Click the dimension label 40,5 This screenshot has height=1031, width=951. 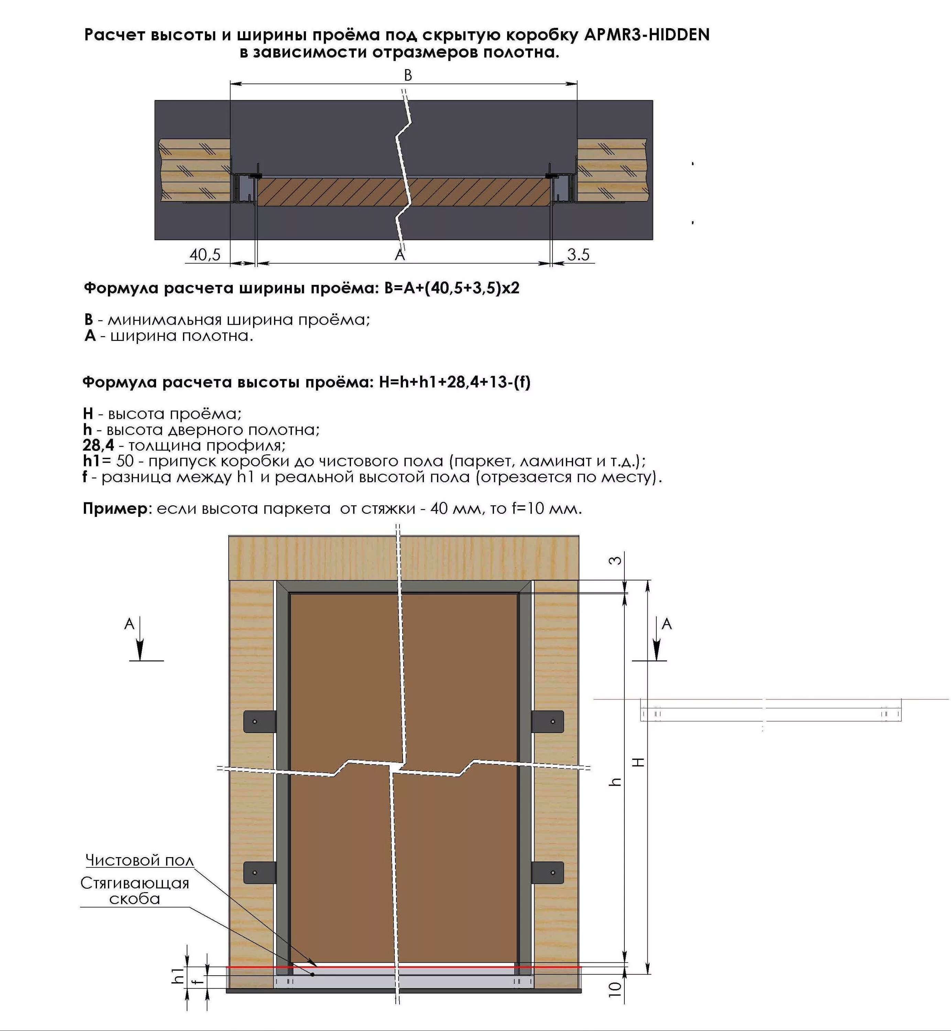pyautogui.click(x=205, y=255)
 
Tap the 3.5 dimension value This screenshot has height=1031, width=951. pyautogui.click(x=578, y=255)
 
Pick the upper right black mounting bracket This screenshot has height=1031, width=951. pyautogui.click(x=548, y=721)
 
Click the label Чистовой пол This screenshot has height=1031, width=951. pyautogui.click(x=140, y=860)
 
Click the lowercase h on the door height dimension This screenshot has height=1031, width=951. pyautogui.click(x=615, y=782)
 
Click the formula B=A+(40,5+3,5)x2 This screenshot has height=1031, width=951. pyautogui.click(x=452, y=288)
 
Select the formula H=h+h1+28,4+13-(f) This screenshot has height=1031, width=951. pyautogui.click(x=455, y=382)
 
